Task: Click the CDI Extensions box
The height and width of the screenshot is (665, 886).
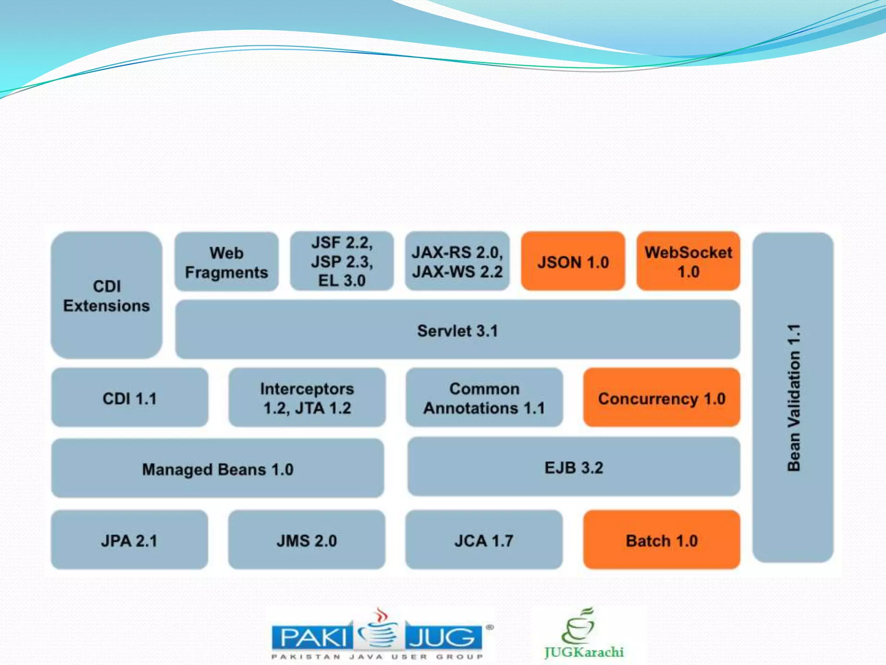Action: point(106,295)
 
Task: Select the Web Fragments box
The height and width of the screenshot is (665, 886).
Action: point(226,262)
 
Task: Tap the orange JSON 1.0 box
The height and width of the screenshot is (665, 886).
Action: point(573,261)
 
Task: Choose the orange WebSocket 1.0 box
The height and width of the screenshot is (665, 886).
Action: point(688,261)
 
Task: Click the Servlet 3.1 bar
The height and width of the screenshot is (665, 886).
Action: point(457,330)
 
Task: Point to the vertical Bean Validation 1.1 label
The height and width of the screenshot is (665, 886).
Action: point(793,397)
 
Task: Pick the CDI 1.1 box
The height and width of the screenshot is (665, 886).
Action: point(129,398)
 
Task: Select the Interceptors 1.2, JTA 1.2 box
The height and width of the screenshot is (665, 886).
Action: point(307,398)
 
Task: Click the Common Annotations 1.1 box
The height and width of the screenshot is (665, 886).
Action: point(484,398)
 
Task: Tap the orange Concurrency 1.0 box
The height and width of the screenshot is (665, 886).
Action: point(661,398)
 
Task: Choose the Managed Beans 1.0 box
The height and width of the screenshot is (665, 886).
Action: point(218,469)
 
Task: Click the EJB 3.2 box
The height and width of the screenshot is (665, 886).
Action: point(574,467)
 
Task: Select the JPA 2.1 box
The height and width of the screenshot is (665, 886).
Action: point(129,540)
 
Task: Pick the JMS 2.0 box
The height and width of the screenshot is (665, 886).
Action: point(306,540)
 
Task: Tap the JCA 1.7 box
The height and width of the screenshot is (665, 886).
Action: point(484,540)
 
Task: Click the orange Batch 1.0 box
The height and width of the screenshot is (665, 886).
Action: point(661,540)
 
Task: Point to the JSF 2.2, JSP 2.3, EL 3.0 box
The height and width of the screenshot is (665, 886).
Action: point(342,261)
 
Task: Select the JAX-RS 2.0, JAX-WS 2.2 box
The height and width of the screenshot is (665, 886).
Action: point(457,261)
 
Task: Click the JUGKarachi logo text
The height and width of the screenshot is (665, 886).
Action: point(584,652)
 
